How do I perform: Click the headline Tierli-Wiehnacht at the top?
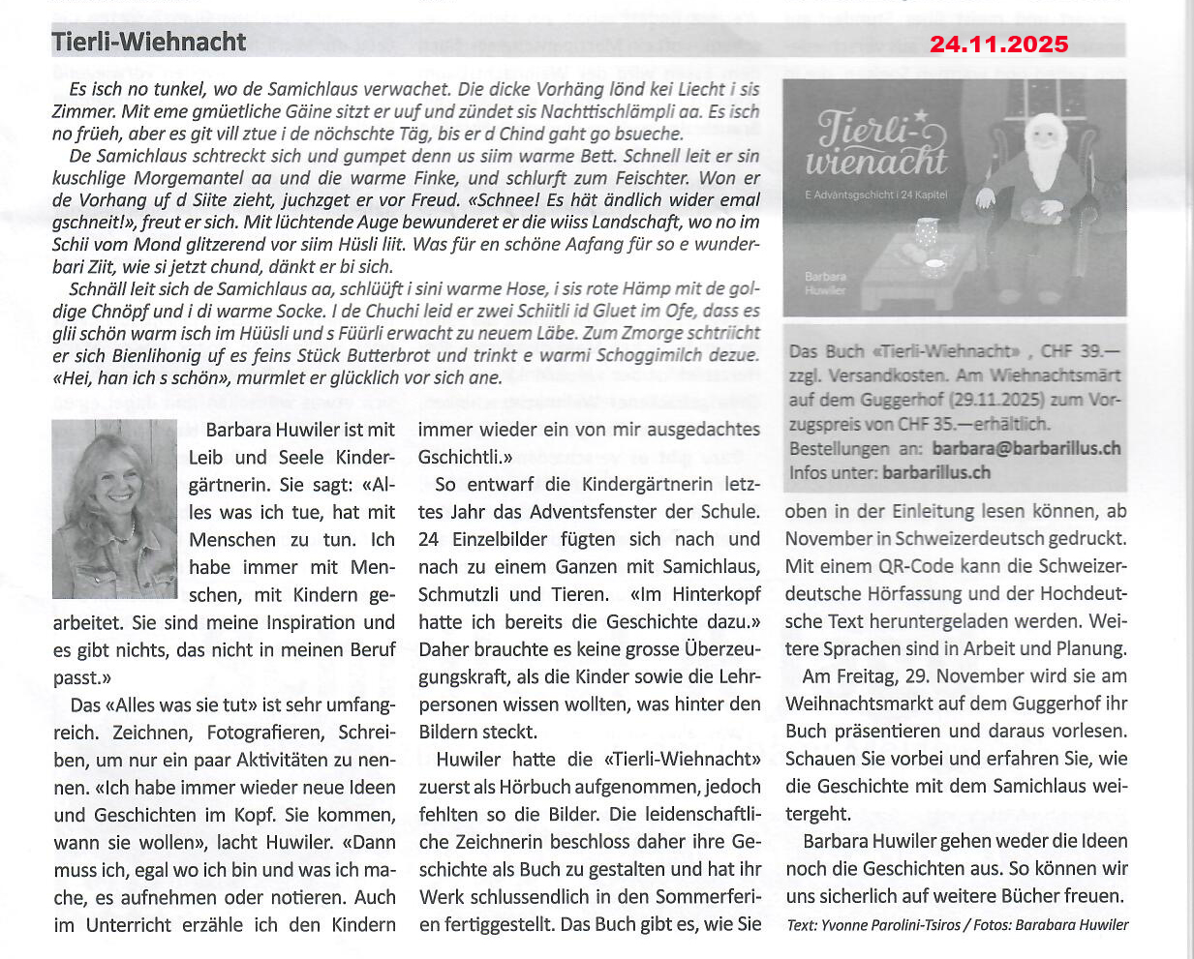tap(149, 42)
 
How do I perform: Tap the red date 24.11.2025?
tap(998, 45)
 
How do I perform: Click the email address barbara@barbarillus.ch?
tap(1026, 448)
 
